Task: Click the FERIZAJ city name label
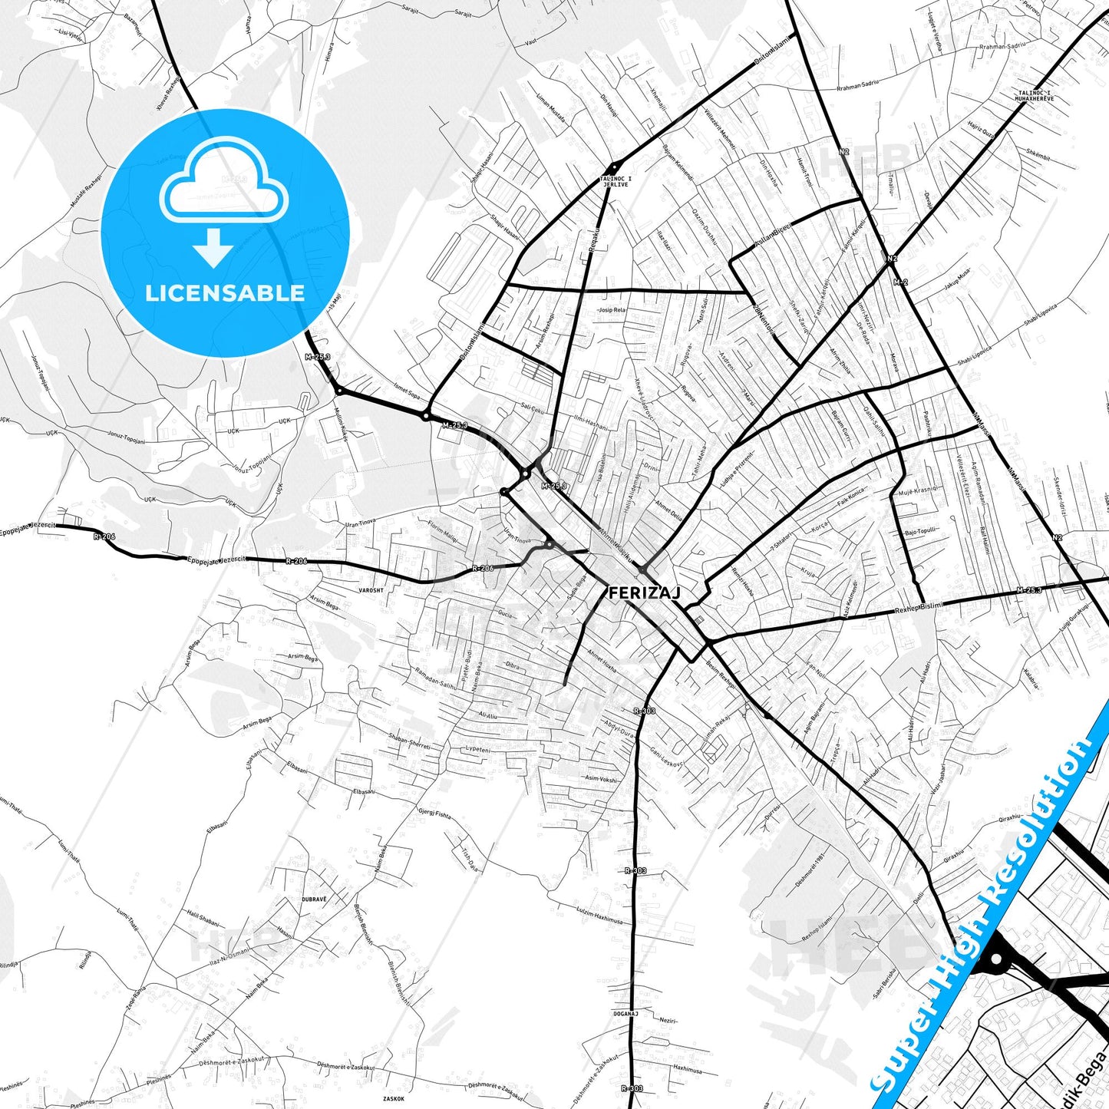(644, 592)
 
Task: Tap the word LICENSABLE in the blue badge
(225, 292)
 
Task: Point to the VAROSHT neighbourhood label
(371, 591)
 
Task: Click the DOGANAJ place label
(626, 1014)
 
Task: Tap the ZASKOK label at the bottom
(394, 1099)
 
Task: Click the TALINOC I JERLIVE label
(615, 182)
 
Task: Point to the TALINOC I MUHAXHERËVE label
(1035, 96)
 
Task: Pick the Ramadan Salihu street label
(435, 679)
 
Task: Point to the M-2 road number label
(900, 282)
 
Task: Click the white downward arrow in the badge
(213, 247)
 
